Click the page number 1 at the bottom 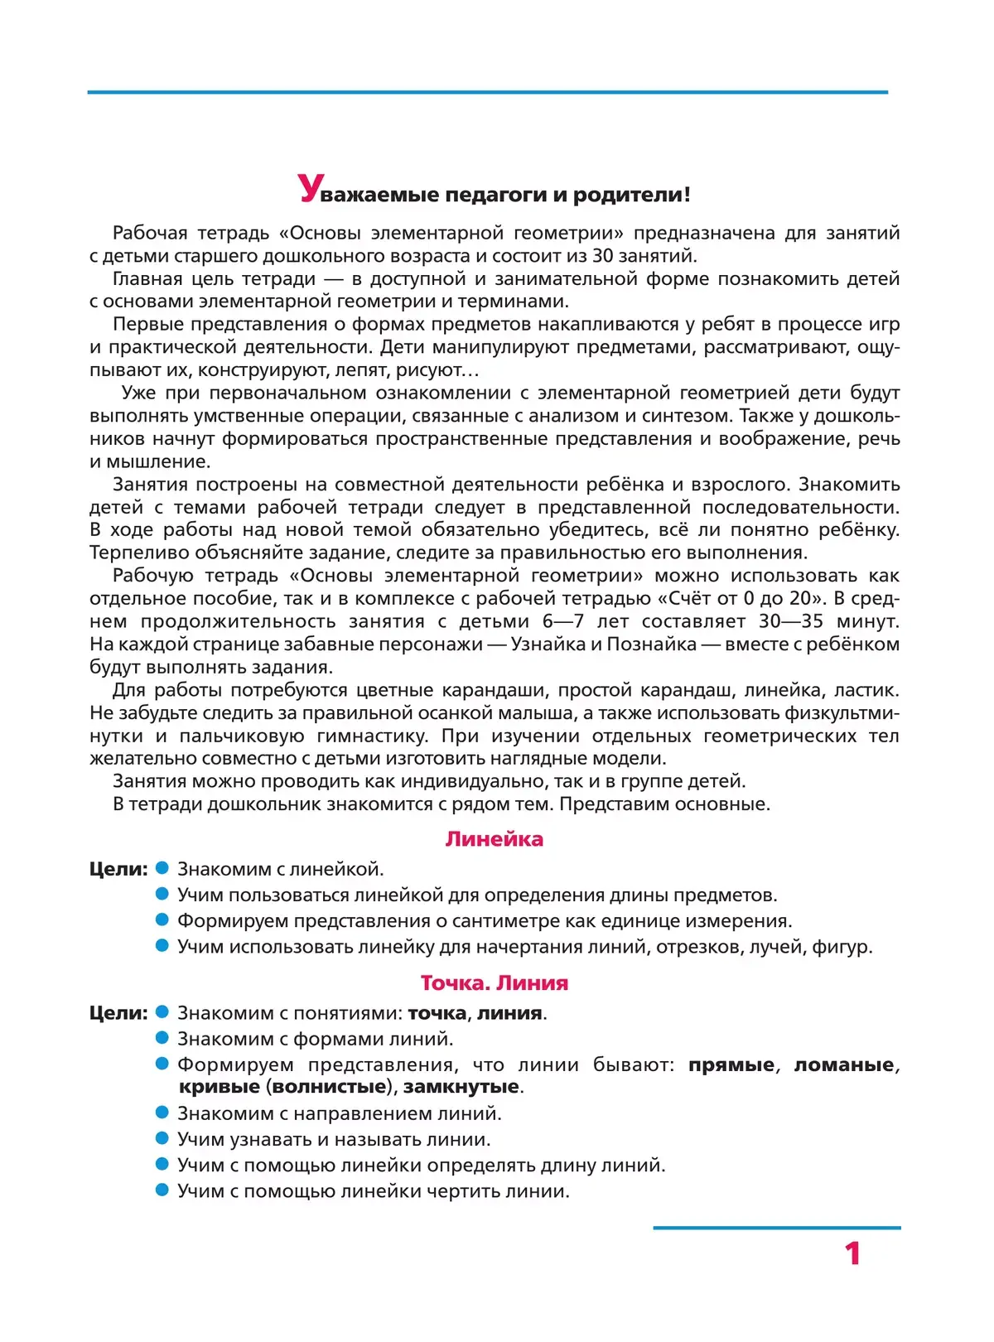852,1253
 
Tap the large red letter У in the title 308,189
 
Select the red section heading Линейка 495,839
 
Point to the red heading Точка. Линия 495,983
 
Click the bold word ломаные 844,1064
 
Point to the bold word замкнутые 461,1087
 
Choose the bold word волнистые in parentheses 330,1087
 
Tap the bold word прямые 731,1064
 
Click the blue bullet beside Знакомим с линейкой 162,868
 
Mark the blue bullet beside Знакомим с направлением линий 162,1113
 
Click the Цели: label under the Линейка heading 118,869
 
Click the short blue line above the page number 776,1228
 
